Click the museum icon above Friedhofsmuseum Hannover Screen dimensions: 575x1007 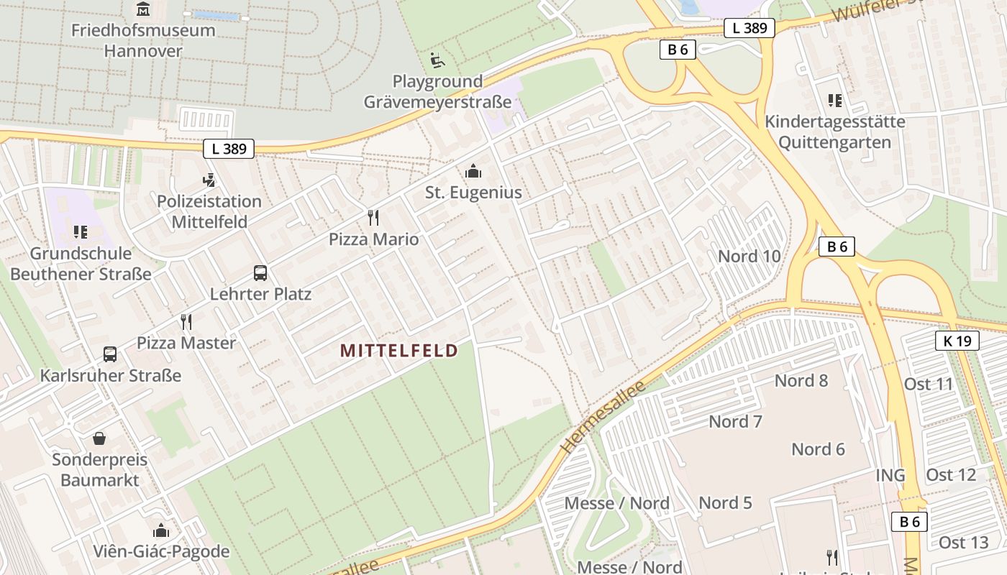143,9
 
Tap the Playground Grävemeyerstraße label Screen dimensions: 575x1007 437,91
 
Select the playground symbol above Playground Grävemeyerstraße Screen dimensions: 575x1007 437,60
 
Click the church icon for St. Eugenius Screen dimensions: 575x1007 473,172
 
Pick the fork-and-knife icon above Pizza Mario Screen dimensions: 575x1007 373,217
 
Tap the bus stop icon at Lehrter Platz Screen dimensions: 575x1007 260,273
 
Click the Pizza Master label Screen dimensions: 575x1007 186,343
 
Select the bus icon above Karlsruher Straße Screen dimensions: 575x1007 110,354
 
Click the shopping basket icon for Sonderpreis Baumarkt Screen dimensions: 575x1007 99,438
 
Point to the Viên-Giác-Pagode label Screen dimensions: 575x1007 161,552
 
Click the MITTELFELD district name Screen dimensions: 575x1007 398,351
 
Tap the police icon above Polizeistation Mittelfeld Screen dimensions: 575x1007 209,180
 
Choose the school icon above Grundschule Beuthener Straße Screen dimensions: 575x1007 81,231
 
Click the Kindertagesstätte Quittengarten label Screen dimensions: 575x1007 834,132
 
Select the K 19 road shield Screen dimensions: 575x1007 957,341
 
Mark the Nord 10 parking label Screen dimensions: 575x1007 749,257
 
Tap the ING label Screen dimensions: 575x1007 890,475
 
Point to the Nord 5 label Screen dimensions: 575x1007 725,502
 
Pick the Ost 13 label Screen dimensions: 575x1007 964,542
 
